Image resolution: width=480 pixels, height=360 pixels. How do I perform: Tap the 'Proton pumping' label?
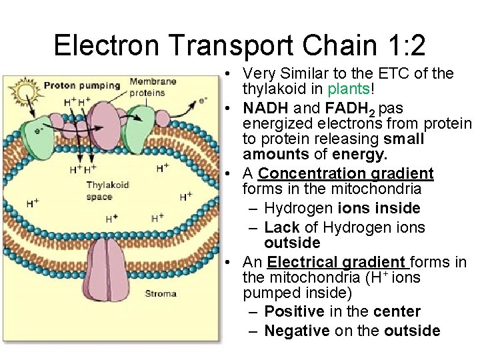[x=82, y=85]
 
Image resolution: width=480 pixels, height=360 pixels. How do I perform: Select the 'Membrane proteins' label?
[x=153, y=87]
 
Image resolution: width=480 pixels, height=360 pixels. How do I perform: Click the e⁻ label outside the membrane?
[x=203, y=101]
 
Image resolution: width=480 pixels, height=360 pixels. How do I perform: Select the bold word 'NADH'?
[x=265, y=107]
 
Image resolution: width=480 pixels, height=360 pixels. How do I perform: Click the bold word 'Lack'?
[x=281, y=227]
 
